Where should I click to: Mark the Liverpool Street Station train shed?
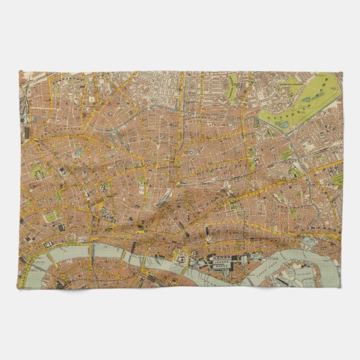click(163, 197)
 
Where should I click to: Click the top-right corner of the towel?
click(342, 71)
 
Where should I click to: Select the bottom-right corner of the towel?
click(342, 289)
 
